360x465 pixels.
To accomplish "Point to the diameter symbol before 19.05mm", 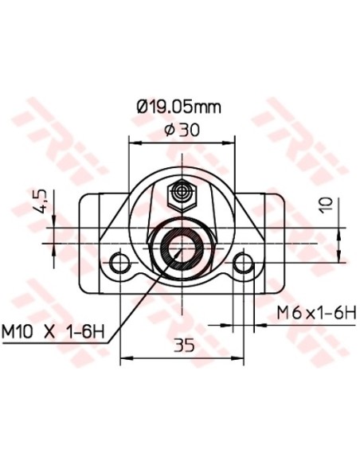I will tap(142, 105).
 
